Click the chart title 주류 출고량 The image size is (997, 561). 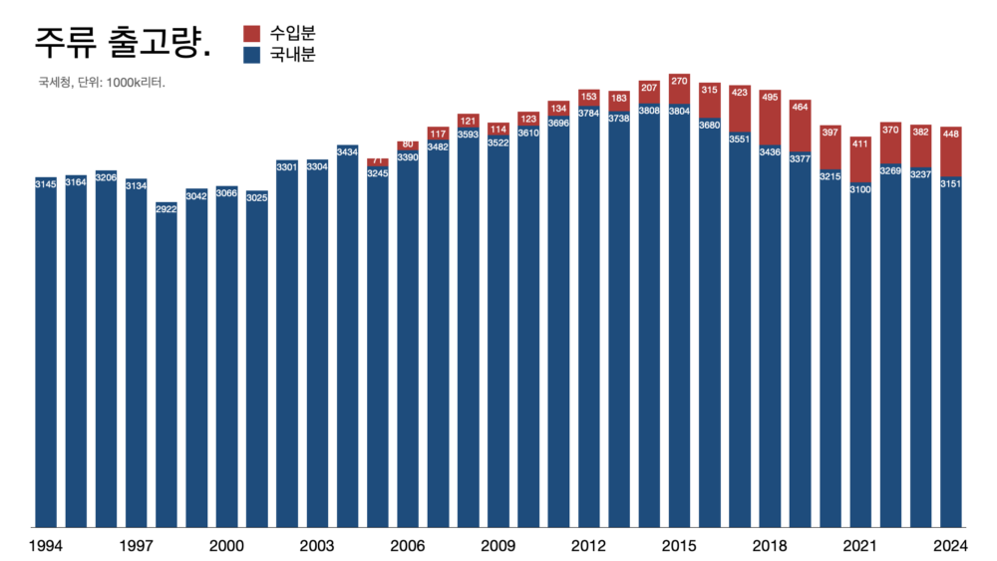(122, 43)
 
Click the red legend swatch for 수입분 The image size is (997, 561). (252, 34)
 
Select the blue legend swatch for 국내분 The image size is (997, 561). (252, 55)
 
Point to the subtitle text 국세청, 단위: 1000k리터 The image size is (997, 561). (102, 83)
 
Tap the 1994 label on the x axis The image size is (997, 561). (46, 546)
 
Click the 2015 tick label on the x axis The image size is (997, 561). (679, 546)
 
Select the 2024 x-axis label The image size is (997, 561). (950, 546)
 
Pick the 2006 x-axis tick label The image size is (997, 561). (408, 546)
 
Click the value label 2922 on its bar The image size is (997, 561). (166, 209)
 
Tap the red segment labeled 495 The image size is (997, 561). (770, 118)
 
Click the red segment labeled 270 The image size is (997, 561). (679, 89)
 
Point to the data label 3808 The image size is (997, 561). (649, 111)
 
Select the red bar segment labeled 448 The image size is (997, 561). (950, 151)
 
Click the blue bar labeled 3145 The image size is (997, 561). (46, 352)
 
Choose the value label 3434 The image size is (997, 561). (347, 151)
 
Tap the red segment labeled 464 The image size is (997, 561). (800, 126)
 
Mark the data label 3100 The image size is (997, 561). (860, 189)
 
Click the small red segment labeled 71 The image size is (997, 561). (378, 162)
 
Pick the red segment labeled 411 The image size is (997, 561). (860, 159)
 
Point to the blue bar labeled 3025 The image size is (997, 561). (257, 359)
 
